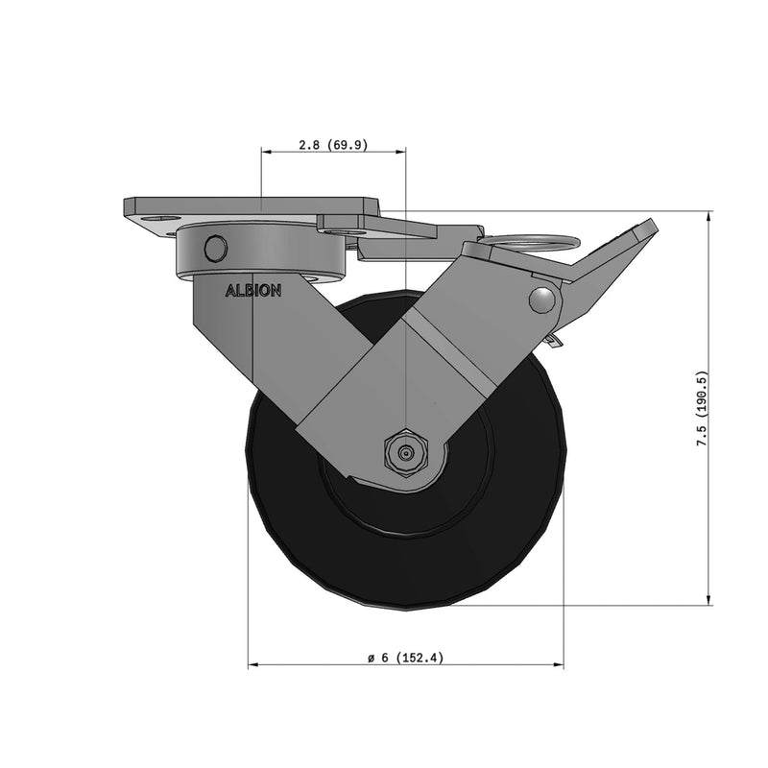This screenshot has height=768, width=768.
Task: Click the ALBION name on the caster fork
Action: click(x=252, y=291)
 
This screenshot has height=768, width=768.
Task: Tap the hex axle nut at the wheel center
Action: click(x=404, y=450)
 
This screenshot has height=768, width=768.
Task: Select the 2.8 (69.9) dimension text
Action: click(x=333, y=145)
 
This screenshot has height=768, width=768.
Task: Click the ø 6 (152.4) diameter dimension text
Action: click(x=404, y=658)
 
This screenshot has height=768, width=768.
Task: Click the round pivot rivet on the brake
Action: click(x=544, y=300)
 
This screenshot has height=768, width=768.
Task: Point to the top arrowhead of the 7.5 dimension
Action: click(x=709, y=214)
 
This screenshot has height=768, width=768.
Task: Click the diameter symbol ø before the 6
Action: click(x=370, y=658)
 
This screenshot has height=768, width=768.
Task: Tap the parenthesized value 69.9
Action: click(x=348, y=145)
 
